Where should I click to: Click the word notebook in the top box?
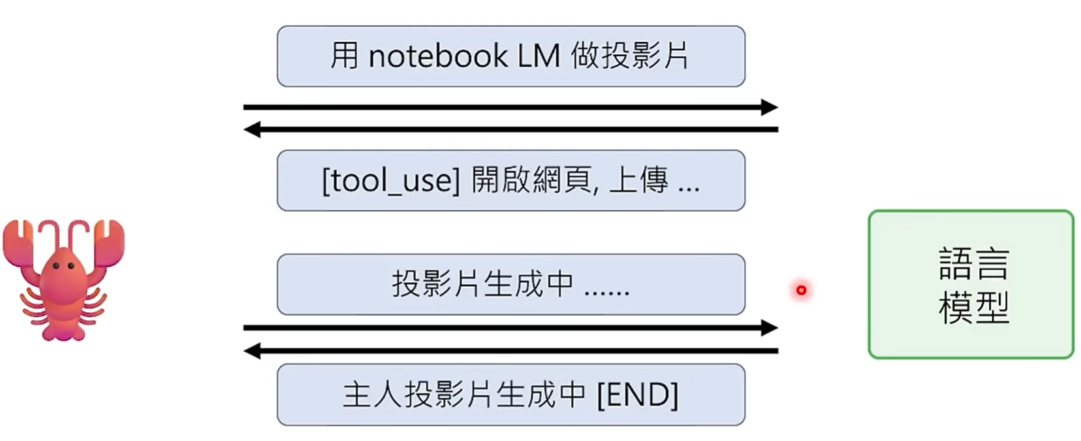(437, 56)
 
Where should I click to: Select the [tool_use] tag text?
(390, 180)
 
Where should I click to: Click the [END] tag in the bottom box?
(637, 395)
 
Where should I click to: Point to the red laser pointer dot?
(801, 290)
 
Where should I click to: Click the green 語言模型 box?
(970, 284)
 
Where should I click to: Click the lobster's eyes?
(63, 266)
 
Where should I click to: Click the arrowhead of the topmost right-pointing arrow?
(770, 107)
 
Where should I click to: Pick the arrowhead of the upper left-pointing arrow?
(251, 129)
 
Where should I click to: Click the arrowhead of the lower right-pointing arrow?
(770, 327)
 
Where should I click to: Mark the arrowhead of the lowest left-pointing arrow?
(251, 351)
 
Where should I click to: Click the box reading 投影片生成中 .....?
(510, 284)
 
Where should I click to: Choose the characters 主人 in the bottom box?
(372, 395)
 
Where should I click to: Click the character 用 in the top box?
(344, 56)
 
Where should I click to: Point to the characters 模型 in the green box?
(973, 307)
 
